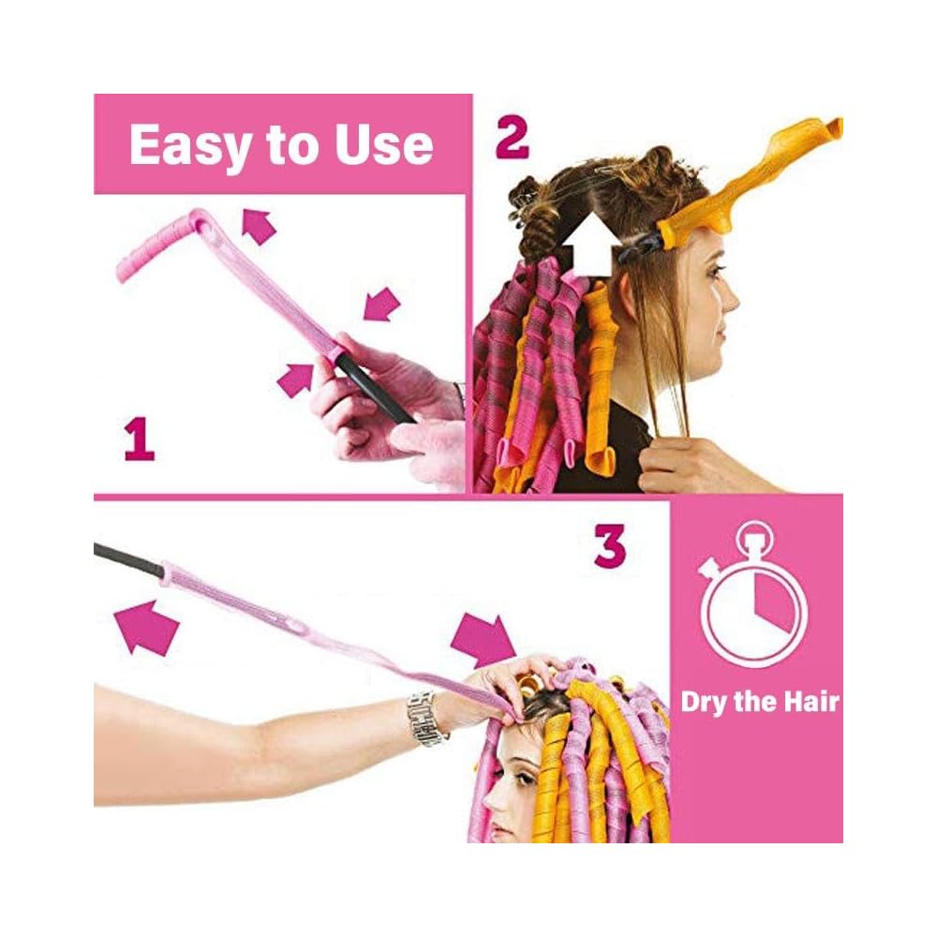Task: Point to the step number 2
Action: (512, 139)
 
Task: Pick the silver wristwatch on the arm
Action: (427, 717)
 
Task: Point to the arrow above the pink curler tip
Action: (260, 226)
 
